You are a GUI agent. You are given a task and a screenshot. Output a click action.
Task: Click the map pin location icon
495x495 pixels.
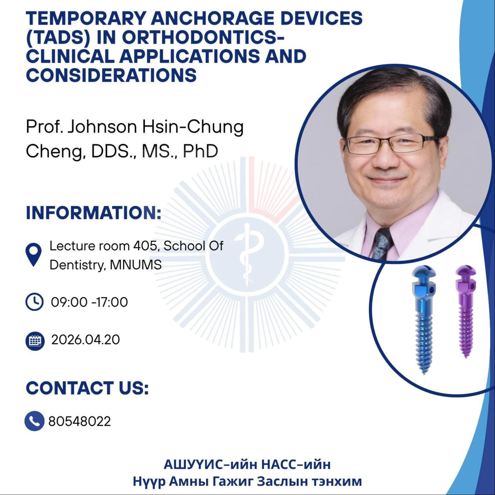click(33, 255)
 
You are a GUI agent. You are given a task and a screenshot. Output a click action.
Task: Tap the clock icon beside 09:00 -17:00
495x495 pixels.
click(34, 302)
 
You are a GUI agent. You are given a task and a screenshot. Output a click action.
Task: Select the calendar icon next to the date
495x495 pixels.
click(35, 341)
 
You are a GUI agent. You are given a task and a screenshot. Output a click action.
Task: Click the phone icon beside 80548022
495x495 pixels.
click(34, 421)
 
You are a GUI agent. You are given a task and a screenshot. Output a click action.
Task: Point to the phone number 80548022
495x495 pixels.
click(80, 421)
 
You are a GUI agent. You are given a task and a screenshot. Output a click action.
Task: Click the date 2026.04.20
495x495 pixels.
click(85, 340)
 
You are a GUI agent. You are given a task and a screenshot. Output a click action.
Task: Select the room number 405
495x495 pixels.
click(145, 246)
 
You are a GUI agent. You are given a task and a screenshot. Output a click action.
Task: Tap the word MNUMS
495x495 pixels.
click(136, 265)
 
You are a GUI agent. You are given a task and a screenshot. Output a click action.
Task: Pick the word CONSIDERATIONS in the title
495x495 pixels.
click(111, 75)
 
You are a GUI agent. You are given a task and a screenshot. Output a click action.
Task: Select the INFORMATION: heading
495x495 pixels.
click(94, 213)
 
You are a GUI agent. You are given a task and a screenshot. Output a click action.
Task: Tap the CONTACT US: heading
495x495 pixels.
click(87, 388)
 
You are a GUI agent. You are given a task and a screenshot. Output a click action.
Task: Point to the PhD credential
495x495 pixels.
click(200, 151)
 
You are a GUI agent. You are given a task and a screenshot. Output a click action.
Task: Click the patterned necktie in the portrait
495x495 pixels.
click(382, 243)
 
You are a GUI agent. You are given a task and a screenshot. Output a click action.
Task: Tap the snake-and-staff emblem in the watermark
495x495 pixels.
click(247, 255)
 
